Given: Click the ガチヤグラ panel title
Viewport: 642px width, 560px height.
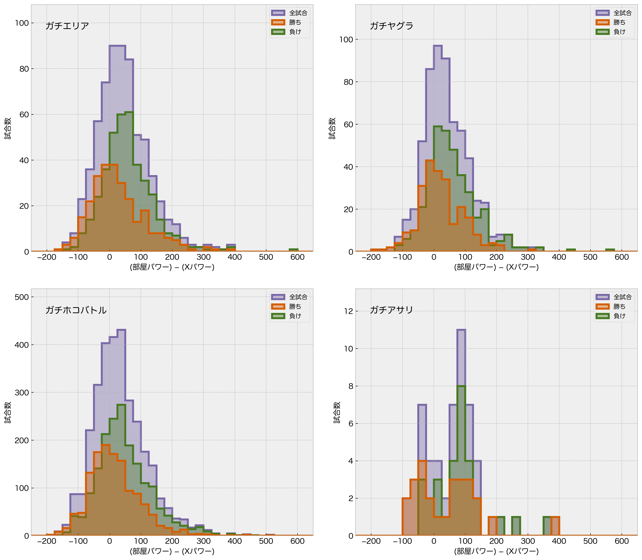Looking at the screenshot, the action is (391, 26).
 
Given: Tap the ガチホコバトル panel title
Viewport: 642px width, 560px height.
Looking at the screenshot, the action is (76, 310).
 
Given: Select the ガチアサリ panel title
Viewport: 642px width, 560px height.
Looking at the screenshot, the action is (391, 310).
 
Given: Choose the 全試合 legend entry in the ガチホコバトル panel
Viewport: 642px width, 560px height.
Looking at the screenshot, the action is (289, 297).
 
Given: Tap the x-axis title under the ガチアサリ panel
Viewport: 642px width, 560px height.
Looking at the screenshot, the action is (496, 551).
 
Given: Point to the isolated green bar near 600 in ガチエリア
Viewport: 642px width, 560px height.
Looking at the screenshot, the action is (293, 250).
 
